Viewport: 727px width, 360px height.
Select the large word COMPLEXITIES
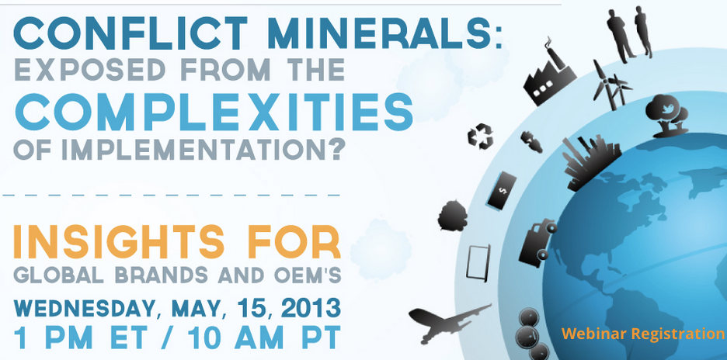click(214, 112)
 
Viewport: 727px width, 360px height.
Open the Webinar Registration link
click(642, 333)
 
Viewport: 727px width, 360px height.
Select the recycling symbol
click(480, 137)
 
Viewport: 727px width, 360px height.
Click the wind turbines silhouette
click(612, 85)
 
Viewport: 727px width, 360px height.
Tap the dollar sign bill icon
click(501, 189)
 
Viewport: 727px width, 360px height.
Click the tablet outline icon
click(478, 263)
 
